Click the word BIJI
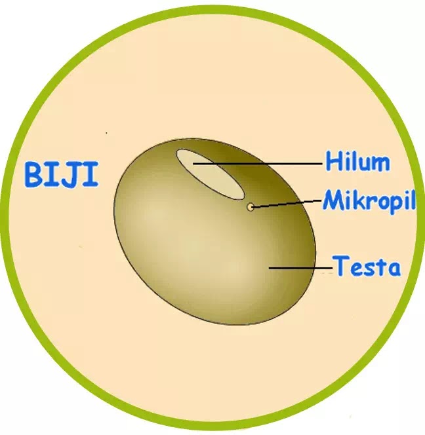tap(62, 174)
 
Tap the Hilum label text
tap(358, 161)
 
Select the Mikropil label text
tap(369, 200)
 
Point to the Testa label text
tap(367, 266)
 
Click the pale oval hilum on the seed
tap(211, 174)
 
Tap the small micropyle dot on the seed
tap(251, 206)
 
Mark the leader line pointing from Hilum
tap(258, 164)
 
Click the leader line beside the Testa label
tap(301, 268)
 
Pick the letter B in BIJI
tap(33, 175)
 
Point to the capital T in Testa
tap(342, 266)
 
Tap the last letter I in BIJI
tap(91, 174)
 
